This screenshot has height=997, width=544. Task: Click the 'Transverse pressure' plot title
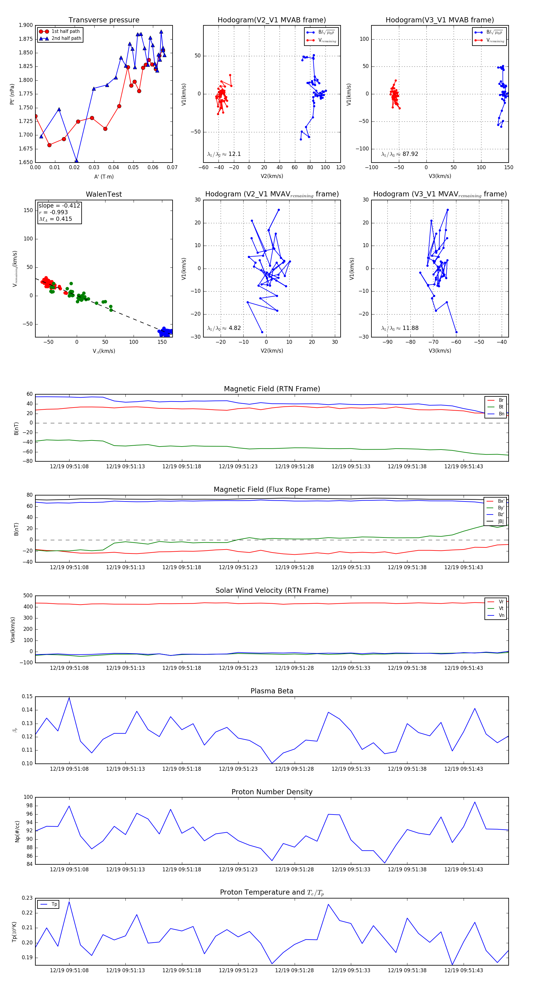(104, 20)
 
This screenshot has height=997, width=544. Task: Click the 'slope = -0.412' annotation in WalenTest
(59, 205)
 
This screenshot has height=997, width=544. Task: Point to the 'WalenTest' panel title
(104, 194)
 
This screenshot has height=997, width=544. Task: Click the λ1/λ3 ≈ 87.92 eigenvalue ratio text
(400, 154)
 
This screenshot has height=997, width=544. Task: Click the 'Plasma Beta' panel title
(272, 691)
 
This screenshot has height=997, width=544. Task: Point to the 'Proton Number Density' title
(272, 792)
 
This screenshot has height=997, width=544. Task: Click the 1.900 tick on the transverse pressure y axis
(26, 25)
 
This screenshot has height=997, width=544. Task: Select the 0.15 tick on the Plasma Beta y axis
(27, 697)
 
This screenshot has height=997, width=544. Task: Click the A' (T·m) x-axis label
(104, 176)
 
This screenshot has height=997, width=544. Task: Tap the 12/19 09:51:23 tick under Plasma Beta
(238, 769)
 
